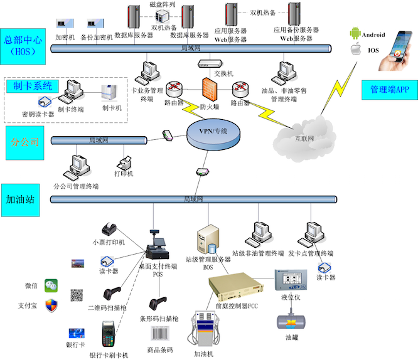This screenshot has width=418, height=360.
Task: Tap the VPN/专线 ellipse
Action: [x=212, y=132]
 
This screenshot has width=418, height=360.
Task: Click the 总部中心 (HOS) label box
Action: [x=23, y=46]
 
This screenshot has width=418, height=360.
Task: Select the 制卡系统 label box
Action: [x=32, y=86]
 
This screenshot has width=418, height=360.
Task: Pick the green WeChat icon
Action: [x=51, y=286]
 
